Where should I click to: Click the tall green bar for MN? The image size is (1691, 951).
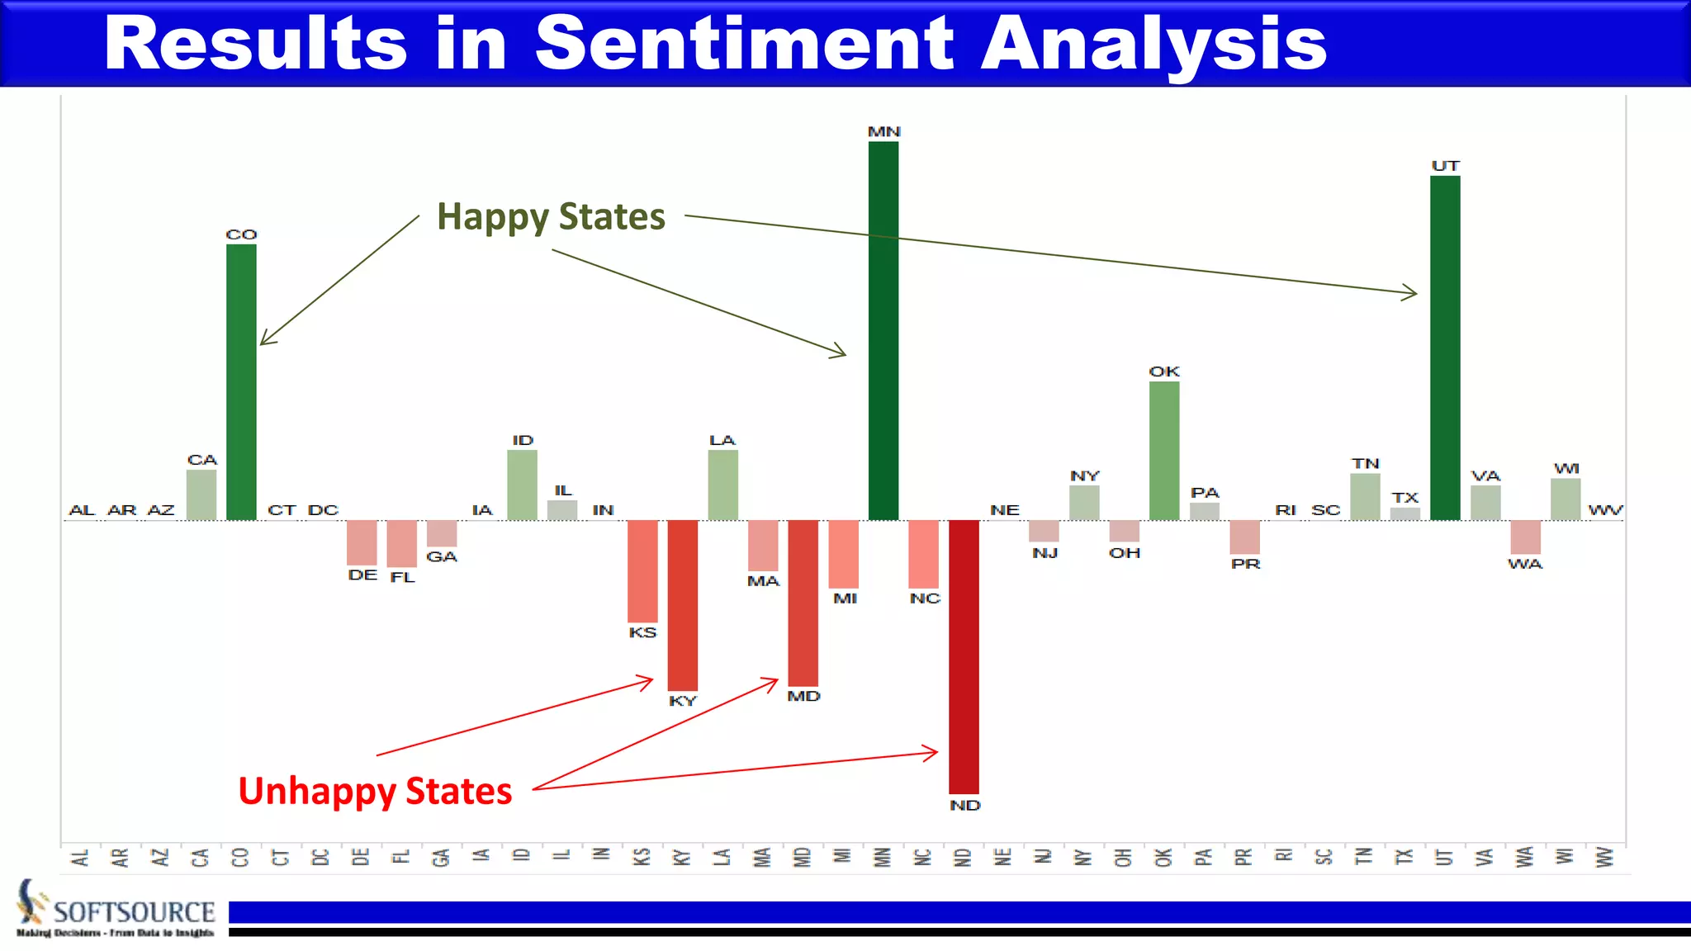click(x=883, y=330)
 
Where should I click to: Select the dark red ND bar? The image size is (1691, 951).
click(x=964, y=656)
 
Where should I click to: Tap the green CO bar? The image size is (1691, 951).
click(x=241, y=381)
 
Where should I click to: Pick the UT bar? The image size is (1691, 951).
click(x=1445, y=348)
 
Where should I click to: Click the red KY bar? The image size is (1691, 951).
click(x=682, y=604)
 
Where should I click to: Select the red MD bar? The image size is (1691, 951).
click(x=803, y=603)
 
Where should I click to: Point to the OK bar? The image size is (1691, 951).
click(x=1164, y=450)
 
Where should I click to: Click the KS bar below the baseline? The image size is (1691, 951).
click(x=642, y=570)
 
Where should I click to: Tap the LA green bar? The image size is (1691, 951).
click(x=722, y=485)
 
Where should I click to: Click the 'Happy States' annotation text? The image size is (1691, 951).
click(x=551, y=217)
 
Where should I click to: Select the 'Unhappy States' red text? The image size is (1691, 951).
click(x=375, y=791)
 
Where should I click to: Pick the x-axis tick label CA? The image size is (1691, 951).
click(x=201, y=858)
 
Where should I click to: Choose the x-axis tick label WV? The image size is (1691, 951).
click(x=1604, y=857)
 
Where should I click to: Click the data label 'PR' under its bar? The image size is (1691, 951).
click(x=1245, y=564)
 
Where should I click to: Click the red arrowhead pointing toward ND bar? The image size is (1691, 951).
click(x=933, y=752)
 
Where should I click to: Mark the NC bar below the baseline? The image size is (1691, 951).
click(x=923, y=553)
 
